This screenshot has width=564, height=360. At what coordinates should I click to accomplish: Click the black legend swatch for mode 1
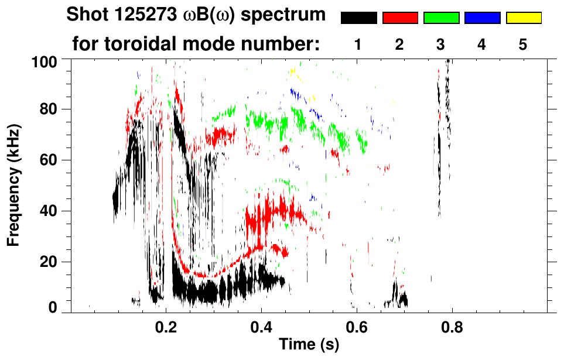coord(358,18)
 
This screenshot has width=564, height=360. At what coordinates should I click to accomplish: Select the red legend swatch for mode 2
coord(400,18)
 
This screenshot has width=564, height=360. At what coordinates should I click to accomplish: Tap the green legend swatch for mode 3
coord(441,18)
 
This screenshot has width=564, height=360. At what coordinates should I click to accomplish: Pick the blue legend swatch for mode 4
coord(482,18)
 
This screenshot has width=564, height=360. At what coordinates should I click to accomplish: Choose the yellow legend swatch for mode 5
coord(523,18)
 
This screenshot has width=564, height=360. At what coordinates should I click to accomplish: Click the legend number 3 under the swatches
coord(441,44)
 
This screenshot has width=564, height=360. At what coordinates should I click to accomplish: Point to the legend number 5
coord(523,44)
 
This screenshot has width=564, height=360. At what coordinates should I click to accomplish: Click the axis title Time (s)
coord(309,346)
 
